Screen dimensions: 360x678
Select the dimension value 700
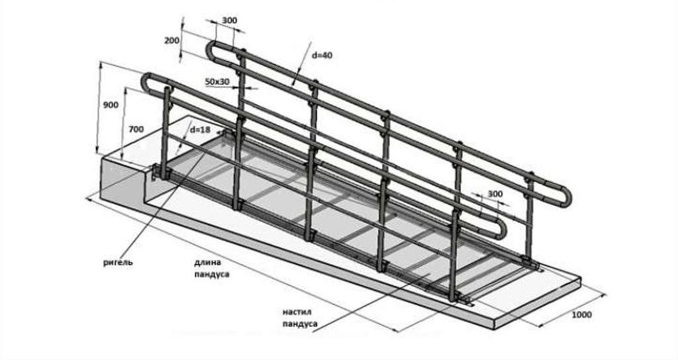(x=136, y=130)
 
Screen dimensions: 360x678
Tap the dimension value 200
(x=171, y=40)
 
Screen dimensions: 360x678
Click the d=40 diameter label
(x=322, y=55)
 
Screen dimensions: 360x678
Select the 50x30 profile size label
(x=217, y=81)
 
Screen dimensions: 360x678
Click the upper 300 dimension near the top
(x=229, y=21)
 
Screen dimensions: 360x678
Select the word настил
(x=297, y=312)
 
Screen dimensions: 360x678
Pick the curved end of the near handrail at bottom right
(x=503, y=229)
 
